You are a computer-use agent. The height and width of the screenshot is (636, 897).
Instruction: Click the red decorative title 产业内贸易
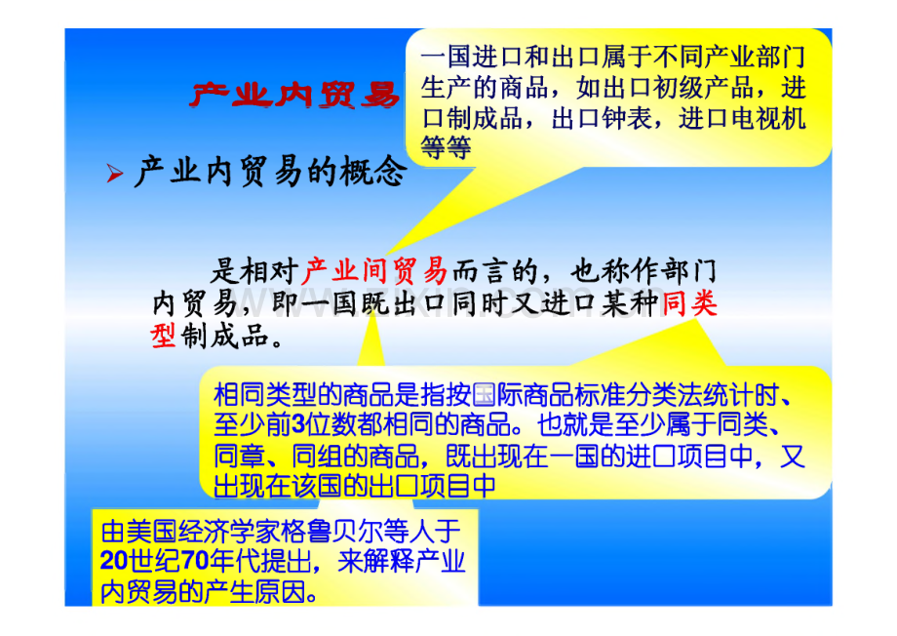pyautogui.click(x=294, y=95)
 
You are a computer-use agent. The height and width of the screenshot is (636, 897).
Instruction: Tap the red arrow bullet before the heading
pyautogui.click(x=115, y=173)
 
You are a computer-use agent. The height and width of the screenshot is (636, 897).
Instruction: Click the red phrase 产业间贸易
pyautogui.click(x=374, y=271)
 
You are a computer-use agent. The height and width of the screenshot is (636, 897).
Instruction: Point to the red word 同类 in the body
pyautogui.click(x=689, y=302)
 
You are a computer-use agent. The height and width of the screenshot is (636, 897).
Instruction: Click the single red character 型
pyautogui.click(x=164, y=336)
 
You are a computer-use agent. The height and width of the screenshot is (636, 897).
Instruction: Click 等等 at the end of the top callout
pyautogui.click(x=447, y=148)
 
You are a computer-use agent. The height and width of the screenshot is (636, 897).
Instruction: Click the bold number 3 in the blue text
pyautogui.click(x=298, y=424)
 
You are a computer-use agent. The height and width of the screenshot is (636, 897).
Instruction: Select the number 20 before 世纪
pyautogui.click(x=113, y=561)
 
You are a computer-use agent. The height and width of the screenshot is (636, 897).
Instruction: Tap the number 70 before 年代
pyautogui.click(x=195, y=561)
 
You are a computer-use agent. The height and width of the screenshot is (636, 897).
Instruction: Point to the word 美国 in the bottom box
pyautogui.click(x=151, y=532)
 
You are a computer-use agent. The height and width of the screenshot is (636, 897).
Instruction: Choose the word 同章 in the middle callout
pyautogui.click(x=239, y=457)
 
